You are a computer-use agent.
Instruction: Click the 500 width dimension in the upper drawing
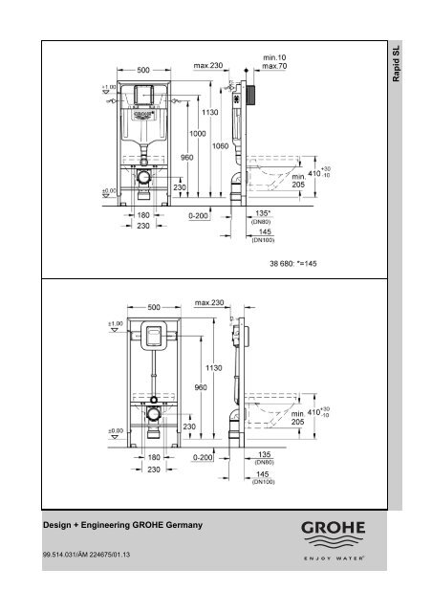click(143, 69)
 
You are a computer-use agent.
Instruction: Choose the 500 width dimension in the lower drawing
click(143, 307)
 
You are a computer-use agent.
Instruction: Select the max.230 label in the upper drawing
click(208, 65)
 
